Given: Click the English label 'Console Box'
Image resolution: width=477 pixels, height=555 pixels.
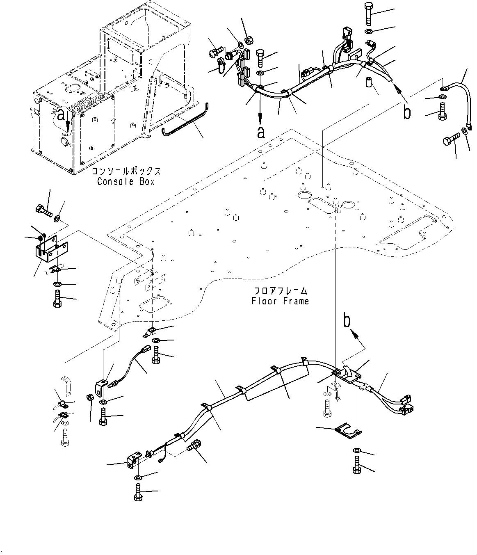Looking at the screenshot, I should coord(126,181).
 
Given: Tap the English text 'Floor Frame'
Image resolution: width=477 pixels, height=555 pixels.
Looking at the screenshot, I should coord(280,301).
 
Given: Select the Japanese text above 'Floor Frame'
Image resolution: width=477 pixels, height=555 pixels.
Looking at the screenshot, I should coord(280,291).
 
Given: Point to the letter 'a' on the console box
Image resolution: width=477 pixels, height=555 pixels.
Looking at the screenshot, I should coord(61,116).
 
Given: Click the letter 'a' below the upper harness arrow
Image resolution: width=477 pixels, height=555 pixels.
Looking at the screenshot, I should coord(260,132).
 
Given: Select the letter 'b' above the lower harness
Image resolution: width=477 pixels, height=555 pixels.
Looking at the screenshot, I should coord(347,321).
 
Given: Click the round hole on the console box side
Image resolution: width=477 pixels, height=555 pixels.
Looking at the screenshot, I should coord(66,141).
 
